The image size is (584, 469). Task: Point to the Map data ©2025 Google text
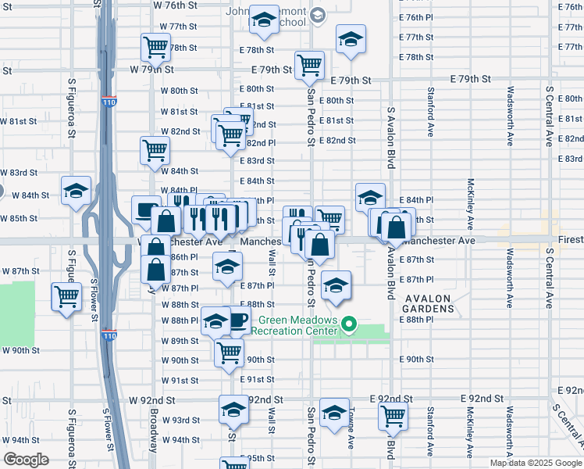click(536, 463)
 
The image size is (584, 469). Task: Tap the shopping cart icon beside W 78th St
click(155, 47)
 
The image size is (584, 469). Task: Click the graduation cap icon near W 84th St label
click(77, 191)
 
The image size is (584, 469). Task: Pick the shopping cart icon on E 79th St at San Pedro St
click(310, 65)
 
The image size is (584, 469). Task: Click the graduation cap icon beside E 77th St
click(351, 39)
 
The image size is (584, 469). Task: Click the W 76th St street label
click(175, 5)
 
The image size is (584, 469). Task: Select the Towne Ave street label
click(351, 428)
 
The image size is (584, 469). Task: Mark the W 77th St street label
click(179, 26)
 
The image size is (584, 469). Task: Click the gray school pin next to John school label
click(317, 14)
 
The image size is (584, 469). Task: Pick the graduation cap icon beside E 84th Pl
click(370, 197)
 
